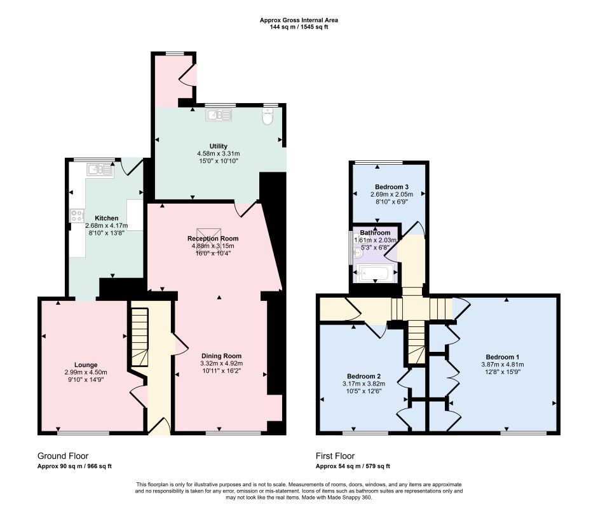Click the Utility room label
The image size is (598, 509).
(218, 146)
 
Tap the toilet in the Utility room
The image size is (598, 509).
(268, 116)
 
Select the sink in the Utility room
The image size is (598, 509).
(219, 115)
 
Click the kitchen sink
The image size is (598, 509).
(100, 169)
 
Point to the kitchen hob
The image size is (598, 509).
(77, 216)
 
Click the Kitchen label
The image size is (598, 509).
(106, 218)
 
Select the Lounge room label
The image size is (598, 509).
(86, 365)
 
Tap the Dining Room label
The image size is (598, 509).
(222, 356)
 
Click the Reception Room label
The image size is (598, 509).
(213, 238)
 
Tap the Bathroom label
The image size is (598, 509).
(376, 232)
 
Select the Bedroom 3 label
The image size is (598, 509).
(391, 186)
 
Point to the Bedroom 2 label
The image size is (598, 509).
(364, 376)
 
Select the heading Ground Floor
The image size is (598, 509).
(63, 456)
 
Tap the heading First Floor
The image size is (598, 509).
(336, 456)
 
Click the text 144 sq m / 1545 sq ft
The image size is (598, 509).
(299, 27)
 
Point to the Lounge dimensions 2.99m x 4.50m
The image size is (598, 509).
(86, 372)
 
